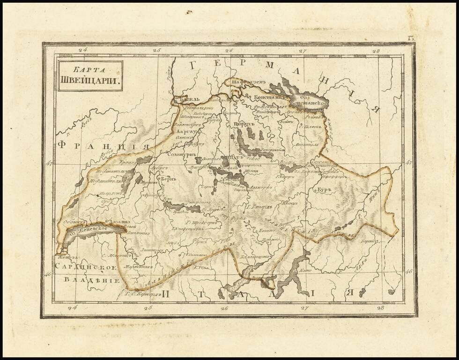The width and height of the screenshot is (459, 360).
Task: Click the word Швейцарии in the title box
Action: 89,80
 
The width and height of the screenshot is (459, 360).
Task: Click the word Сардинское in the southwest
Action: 84,267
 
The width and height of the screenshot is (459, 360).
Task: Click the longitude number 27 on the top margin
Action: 303,51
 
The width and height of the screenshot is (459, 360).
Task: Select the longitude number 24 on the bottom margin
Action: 72,308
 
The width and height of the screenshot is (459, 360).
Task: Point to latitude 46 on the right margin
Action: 408,271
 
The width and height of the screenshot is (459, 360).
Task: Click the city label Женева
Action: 66,257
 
